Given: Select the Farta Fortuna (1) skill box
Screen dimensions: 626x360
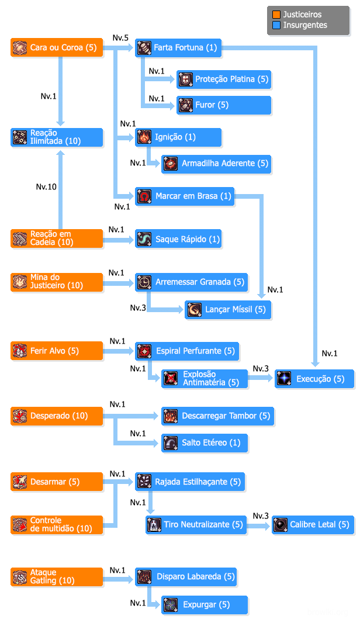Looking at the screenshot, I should coord(178,47).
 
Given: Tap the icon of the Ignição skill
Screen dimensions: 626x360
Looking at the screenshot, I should coord(144,137).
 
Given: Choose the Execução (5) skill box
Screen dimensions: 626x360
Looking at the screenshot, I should coord(314,379).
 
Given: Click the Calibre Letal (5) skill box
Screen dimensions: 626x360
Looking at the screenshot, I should coord(313,524).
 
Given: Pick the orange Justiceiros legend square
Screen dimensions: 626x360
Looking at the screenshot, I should coord(276,15).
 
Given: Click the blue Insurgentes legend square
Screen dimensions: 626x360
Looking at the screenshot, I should coord(276,25).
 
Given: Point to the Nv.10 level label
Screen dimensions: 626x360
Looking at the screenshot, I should coord(47,187).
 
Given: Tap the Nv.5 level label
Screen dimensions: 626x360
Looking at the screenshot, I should coord(120,38).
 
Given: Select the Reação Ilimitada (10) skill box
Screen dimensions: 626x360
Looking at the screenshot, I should coord(57,137).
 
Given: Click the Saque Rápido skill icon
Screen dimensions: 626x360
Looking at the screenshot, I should coord(144,239).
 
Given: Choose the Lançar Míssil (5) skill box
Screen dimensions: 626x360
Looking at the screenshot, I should coord(228,309).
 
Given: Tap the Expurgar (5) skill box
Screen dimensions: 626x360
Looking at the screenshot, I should coord(205,604).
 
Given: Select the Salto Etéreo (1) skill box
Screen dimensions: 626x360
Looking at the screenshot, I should coord(205,442).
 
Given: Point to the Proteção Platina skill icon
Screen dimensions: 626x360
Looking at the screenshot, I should coord(185,79).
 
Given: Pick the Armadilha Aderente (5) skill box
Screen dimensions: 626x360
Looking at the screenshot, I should coord(216,163).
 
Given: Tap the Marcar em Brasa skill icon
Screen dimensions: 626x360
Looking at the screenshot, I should coord(144,196).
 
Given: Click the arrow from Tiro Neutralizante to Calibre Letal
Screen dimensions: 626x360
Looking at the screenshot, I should coord(258,525).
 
